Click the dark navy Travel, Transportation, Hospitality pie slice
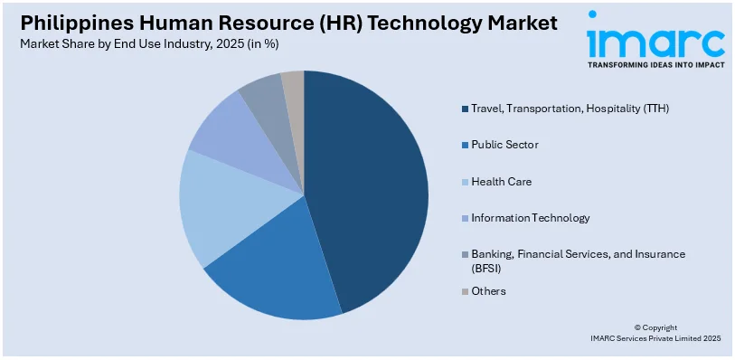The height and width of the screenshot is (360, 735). [x=371, y=181]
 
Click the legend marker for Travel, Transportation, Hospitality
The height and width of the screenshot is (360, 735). [x=465, y=109]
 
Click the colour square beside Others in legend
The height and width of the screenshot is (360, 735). [x=465, y=291]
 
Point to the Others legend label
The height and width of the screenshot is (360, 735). [x=488, y=291]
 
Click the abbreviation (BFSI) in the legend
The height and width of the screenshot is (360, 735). [x=485, y=269]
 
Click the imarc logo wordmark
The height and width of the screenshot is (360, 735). [x=655, y=40]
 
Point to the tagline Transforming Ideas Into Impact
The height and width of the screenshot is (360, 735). [x=655, y=66]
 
